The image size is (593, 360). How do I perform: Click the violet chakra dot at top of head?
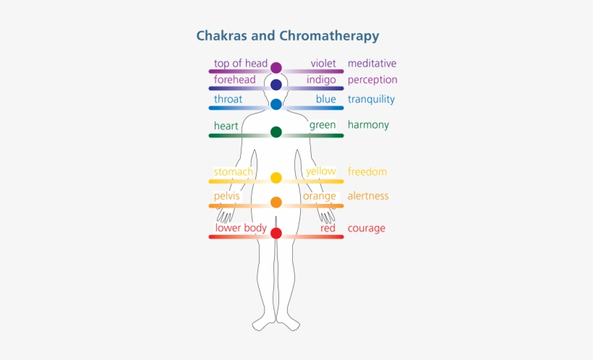[x=276, y=68]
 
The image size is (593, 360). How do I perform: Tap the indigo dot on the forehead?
[x=276, y=85]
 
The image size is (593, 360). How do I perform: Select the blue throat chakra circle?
[x=276, y=104]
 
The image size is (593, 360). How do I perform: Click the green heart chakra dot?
[x=276, y=132]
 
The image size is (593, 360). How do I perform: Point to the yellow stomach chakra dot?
[x=276, y=178]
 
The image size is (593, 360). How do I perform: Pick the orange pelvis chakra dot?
[x=276, y=202]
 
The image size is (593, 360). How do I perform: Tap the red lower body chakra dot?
[x=276, y=233]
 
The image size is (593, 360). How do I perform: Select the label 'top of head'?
[x=241, y=64]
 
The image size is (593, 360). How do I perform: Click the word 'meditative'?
[x=372, y=64]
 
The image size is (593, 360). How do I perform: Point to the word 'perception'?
[x=372, y=80]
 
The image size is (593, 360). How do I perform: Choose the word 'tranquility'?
[x=371, y=100]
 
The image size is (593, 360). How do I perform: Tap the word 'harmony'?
[x=368, y=125]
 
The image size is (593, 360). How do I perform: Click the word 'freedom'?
[x=367, y=172]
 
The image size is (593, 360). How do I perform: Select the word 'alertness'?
[x=368, y=196]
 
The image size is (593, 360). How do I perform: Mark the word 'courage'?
[x=366, y=228]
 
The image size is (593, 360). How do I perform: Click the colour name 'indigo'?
[x=321, y=80]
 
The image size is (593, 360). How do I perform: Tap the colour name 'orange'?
[x=320, y=196]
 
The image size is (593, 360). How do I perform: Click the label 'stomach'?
[x=234, y=172]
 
